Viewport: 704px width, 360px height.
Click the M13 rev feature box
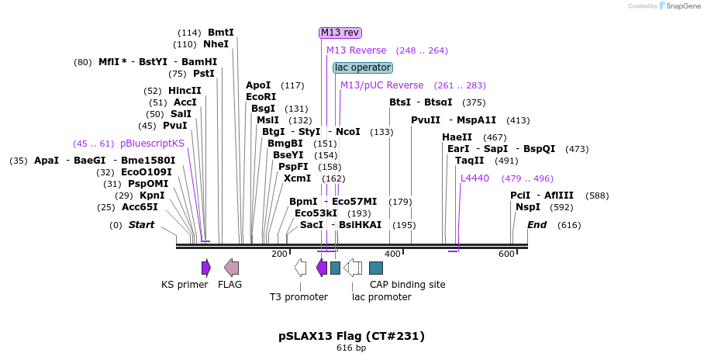click(x=340, y=32)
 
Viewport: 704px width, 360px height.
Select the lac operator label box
click(x=362, y=67)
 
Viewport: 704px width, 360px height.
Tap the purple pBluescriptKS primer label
click(x=152, y=144)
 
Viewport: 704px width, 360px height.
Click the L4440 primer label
click(x=475, y=178)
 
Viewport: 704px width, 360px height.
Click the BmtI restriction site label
click(x=220, y=33)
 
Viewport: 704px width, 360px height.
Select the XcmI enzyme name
click(x=297, y=178)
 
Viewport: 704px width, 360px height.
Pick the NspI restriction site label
click(x=528, y=207)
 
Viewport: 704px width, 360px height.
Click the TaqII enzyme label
click(x=469, y=161)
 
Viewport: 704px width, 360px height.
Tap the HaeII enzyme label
click(x=457, y=137)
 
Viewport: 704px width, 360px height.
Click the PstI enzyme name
click(x=203, y=74)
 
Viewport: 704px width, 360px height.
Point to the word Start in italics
click(x=141, y=225)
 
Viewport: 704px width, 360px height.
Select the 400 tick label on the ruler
click(x=392, y=254)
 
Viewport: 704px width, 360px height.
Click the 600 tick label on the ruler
click(x=506, y=254)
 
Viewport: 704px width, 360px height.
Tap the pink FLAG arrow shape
click(x=231, y=268)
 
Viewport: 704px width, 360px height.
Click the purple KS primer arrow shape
click(x=205, y=268)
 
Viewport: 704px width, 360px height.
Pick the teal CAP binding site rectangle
click(x=376, y=268)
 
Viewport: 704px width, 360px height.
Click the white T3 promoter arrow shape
click(x=300, y=268)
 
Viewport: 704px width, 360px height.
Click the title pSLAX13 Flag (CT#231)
click(x=351, y=336)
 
